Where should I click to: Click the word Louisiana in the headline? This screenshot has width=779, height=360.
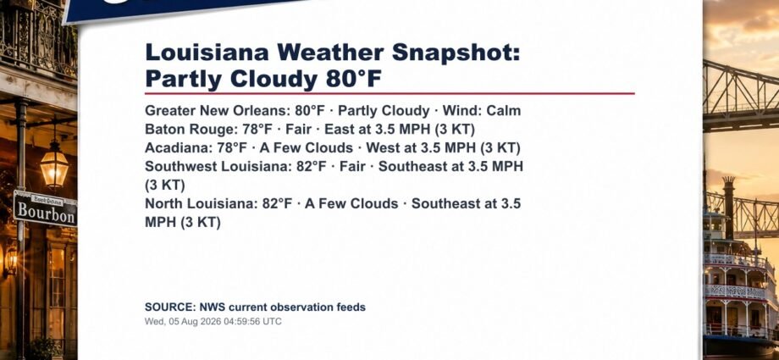(x=207, y=53)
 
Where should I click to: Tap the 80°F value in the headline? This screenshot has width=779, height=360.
(x=354, y=79)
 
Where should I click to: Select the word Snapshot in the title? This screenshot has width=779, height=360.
(x=456, y=53)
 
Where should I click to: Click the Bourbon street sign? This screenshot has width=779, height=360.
(x=45, y=208)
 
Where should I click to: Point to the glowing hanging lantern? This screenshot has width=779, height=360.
(x=55, y=166)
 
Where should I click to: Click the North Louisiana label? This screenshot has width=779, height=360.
(x=201, y=204)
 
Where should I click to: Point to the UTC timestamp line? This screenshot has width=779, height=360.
(x=213, y=322)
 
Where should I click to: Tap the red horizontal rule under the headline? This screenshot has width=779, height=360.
(x=390, y=93)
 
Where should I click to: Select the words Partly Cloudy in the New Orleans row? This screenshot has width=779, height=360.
(x=384, y=110)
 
